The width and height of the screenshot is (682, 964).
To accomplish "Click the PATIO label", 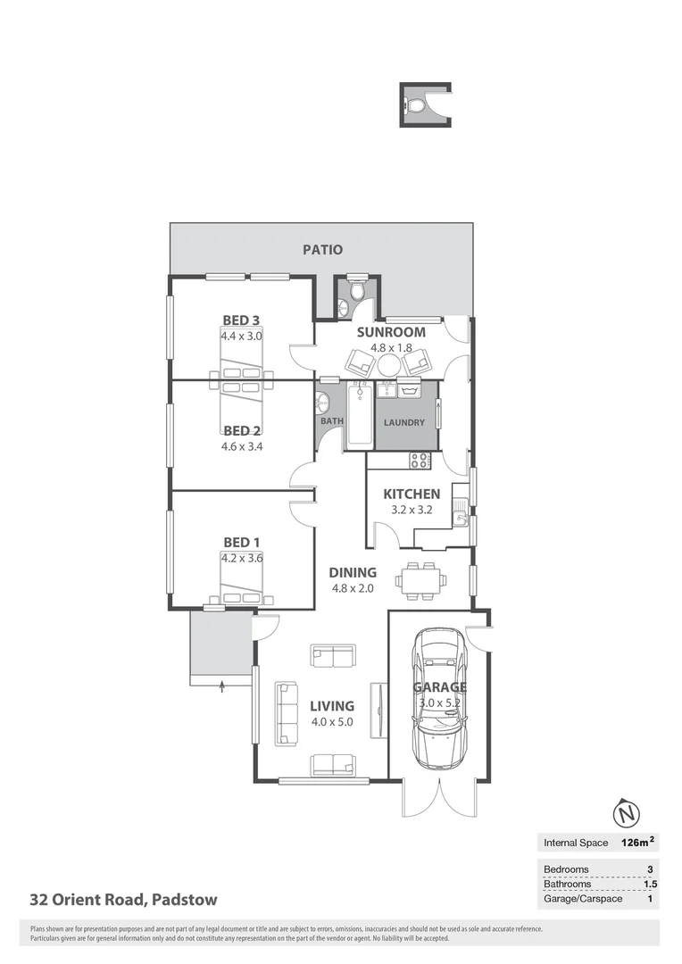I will point(321,250).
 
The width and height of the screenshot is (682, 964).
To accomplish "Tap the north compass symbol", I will point(628,814).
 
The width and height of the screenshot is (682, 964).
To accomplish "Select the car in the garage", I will point(439,699).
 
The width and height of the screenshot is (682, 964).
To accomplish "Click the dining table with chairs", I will point(420,580).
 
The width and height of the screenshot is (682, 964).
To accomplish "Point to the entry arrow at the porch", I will point(222,685).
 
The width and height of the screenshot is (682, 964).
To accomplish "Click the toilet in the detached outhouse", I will point(417,106).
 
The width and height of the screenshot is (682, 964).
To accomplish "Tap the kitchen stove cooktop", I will point(420,461).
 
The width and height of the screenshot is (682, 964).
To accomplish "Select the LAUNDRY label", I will point(403,423).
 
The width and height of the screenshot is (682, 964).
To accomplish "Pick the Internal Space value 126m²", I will point(637,842).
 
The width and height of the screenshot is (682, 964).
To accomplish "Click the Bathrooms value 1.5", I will point(650,884).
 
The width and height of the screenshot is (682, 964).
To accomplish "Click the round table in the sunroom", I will point(389,364).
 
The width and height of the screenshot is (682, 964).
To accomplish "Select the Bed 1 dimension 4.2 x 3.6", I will point(242,559).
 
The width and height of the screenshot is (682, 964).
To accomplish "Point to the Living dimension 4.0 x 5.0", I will point(332,722).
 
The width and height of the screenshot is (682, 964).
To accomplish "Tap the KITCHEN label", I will point(411,494).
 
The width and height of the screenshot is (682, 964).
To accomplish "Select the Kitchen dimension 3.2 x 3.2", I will point(411,511).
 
